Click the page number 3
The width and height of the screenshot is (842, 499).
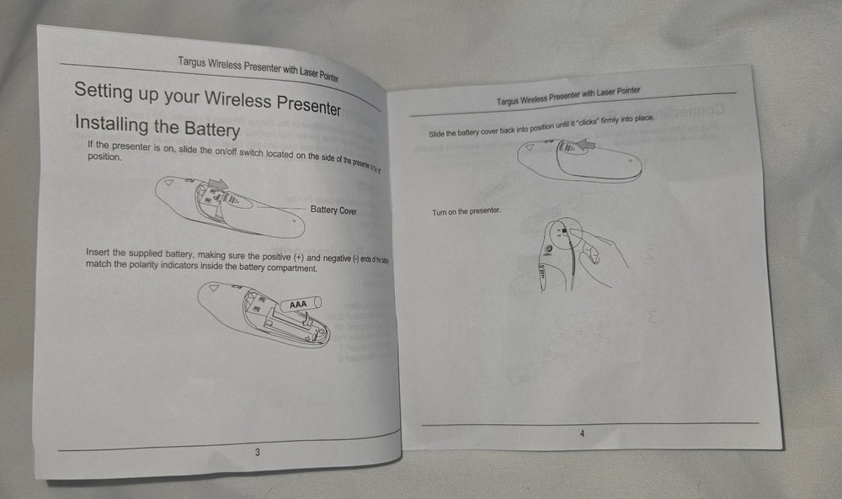tap(257, 452)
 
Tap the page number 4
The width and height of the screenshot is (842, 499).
tap(582, 433)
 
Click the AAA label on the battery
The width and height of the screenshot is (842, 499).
tap(298, 304)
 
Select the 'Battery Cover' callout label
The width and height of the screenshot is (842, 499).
tap(333, 210)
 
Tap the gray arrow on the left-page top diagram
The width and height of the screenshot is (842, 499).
tap(217, 183)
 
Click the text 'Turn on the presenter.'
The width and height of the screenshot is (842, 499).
tap(466, 211)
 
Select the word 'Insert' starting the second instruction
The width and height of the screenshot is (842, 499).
tap(98, 252)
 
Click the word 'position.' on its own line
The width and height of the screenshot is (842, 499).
tap(104, 157)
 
